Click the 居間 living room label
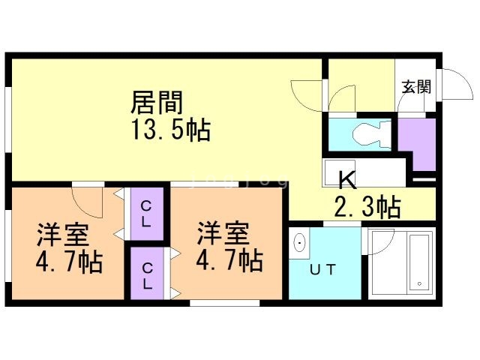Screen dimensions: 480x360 click(x=157, y=103)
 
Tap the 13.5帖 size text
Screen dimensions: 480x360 click(x=171, y=130)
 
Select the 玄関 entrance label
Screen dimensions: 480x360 click(x=416, y=87)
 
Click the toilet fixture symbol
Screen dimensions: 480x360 click(x=372, y=135)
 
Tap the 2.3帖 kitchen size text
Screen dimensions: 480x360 click(x=367, y=207)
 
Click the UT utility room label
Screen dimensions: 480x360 click(x=322, y=270)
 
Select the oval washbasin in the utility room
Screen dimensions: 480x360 click(x=299, y=243)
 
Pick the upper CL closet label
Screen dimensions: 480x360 click(x=146, y=214)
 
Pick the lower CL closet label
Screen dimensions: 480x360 click(x=147, y=276)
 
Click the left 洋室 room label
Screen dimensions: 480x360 click(x=63, y=235)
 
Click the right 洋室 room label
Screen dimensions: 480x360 click(x=223, y=233)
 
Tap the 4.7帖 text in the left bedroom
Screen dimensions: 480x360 click(x=69, y=262)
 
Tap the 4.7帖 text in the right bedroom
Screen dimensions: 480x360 click(x=229, y=261)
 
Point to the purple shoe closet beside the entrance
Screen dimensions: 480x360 click(x=418, y=142)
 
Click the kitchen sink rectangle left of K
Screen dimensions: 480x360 click(x=340, y=172)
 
